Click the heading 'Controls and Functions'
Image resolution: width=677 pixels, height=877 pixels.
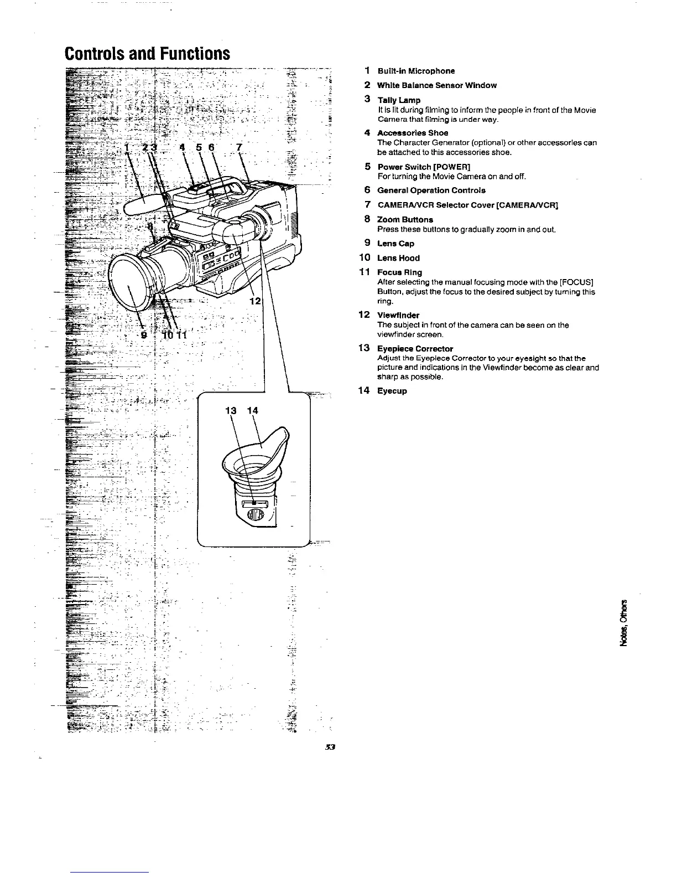[x=147, y=54]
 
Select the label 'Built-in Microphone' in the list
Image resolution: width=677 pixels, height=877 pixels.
[x=416, y=71]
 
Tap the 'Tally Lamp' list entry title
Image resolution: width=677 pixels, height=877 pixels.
[x=399, y=100]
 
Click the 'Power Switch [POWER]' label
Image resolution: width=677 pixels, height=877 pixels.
[x=424, y=167]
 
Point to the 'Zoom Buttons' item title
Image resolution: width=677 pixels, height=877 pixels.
[x=405, y=220]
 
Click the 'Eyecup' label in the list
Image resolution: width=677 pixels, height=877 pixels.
[x=392, y=391]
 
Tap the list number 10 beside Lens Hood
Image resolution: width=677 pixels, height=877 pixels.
[x=364, y=258]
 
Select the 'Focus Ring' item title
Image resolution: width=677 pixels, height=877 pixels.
[x=399, y=272]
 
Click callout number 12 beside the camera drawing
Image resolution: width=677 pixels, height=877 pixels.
[x=254, y=301]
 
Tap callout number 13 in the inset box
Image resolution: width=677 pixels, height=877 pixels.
[x=231, y=410]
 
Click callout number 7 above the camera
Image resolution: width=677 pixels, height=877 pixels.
[x=238, y=148]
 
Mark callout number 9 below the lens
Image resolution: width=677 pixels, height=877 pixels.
[x=144, y=334]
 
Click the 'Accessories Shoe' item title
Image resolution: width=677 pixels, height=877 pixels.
[x=413, y=133]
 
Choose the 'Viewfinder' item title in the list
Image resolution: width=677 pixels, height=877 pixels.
[x=398, y=315]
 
